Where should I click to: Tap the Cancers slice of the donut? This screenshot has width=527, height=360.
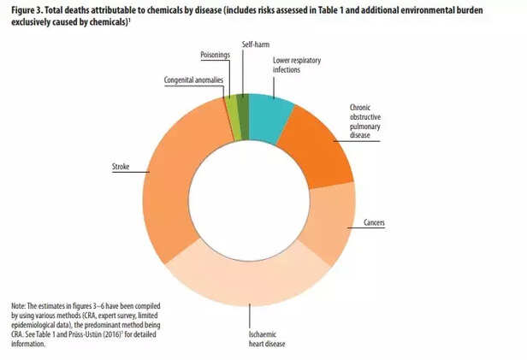tap(330, 224)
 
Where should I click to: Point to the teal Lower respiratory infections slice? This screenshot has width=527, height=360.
tap(270, 115)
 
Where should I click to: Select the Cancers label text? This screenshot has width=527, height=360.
tap(373, 222)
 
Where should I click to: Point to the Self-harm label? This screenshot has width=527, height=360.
tap(254, 44)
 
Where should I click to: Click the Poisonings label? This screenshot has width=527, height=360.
tap(216, 56)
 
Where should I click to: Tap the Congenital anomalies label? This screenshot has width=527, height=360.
tap(193, 80)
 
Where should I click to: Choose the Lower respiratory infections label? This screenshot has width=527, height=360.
tap(296, 66)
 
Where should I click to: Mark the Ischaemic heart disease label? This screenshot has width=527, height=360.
tap(262, 339)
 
